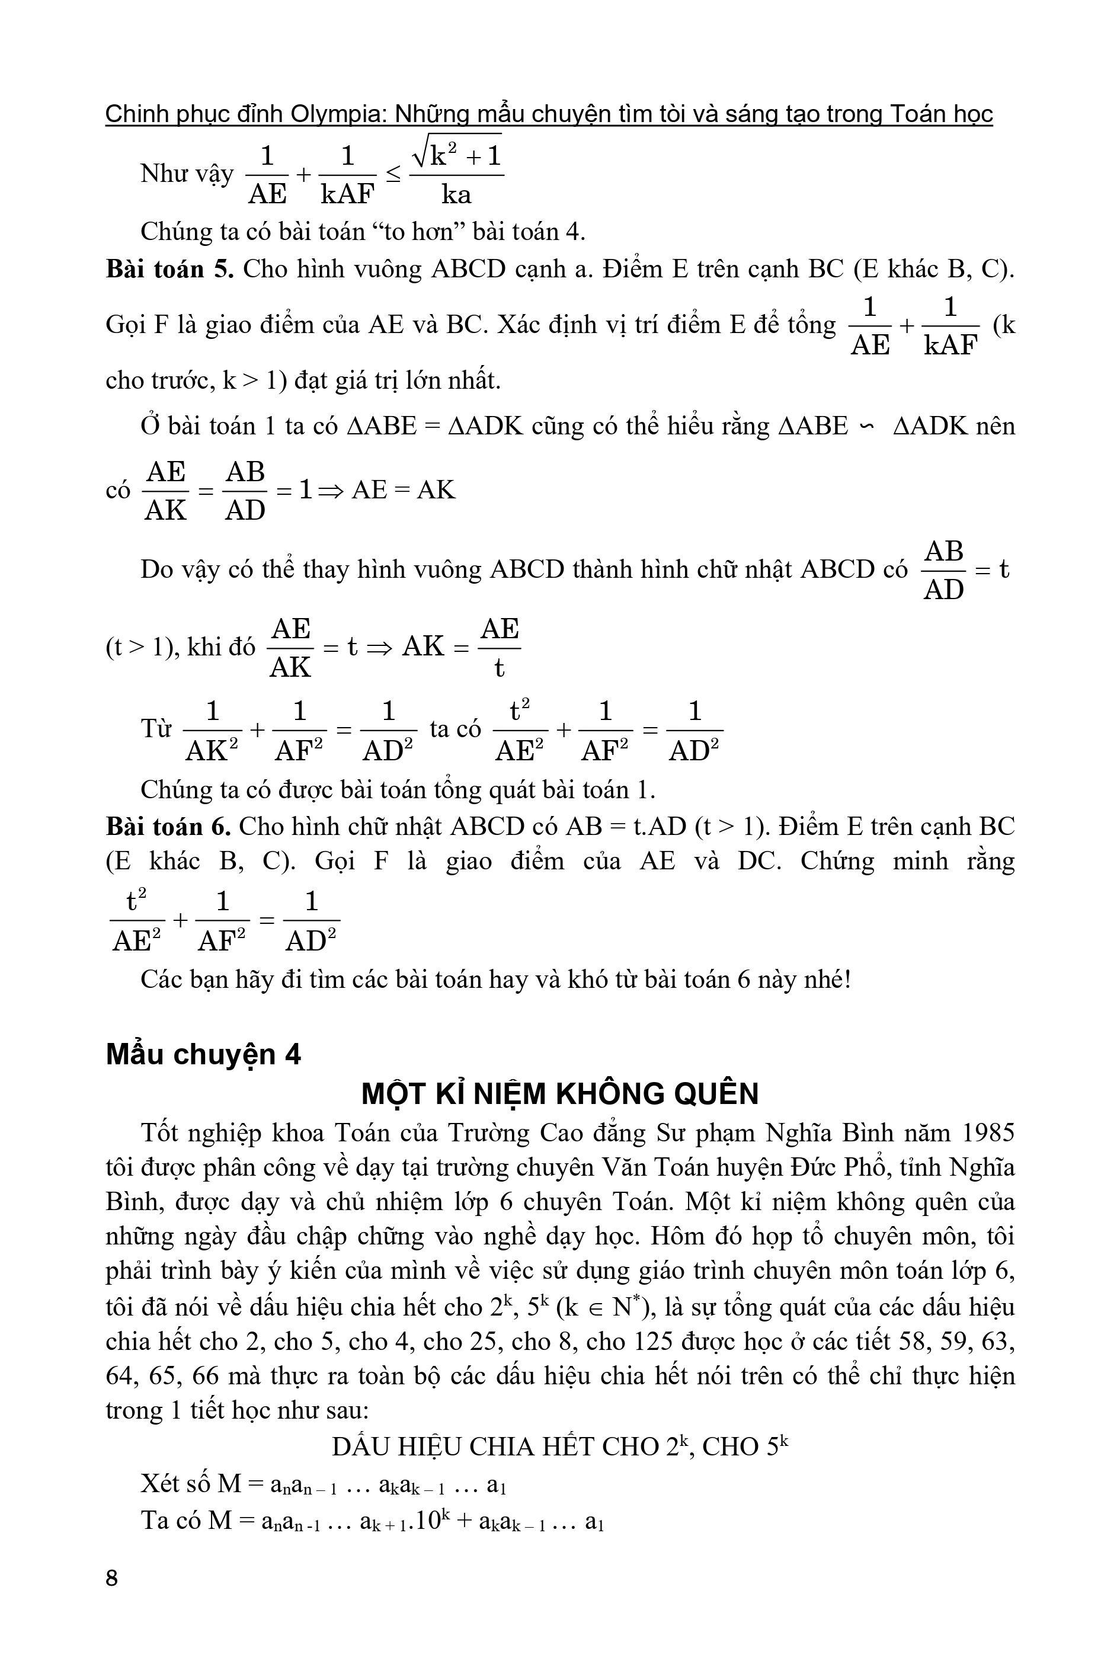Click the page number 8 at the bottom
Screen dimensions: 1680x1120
pyautogui.click(x=111, y=1578)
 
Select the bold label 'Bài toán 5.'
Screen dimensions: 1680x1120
pyautogui.click(x=170, y=269)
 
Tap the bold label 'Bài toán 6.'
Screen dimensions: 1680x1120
pyautogui.click(x=168, y=827)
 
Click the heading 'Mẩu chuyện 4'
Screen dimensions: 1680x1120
pyautogui.click(x=204, y=1054)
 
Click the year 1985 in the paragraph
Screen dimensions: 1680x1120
pyautogui.click(x=988, y=1133)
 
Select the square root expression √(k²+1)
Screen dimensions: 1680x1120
pyautogui.click(x=457, y=154)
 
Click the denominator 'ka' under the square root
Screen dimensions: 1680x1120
pyautogui.click(x=456, y=194)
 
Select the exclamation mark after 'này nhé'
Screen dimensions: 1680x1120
pyautogui.click(x=847, y=980)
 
